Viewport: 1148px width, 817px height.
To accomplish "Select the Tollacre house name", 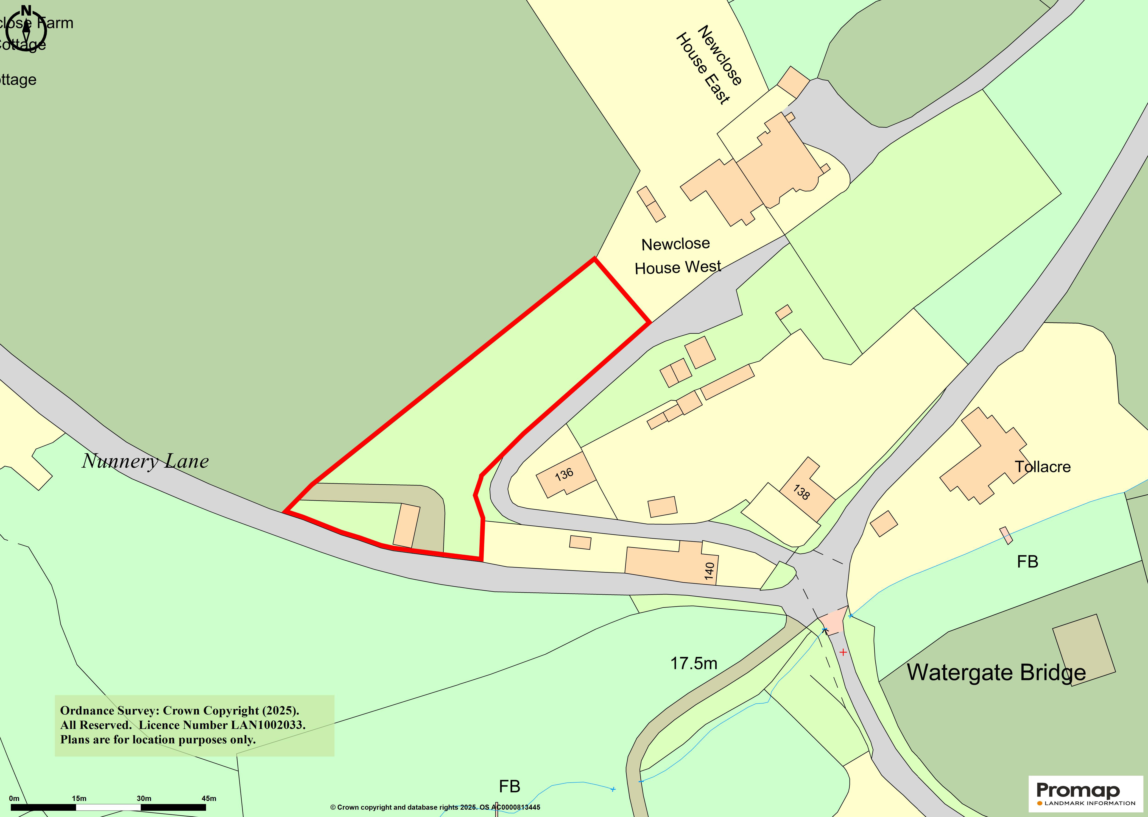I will point(1042,467).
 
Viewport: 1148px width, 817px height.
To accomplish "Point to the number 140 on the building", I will point(709,571).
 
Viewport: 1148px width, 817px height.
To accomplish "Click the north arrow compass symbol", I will point(26,28).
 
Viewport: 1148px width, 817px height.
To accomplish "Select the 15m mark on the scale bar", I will point(79,798).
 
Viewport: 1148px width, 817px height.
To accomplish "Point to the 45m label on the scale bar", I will point(209,798).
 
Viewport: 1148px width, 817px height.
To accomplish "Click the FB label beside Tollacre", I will point(1027,561).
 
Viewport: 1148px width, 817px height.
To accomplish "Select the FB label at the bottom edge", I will point(509,786).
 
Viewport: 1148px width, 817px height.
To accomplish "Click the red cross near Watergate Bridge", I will point(843,652).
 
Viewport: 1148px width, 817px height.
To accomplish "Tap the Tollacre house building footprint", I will point(981,455).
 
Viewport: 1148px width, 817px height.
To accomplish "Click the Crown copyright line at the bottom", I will point(435,807).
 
